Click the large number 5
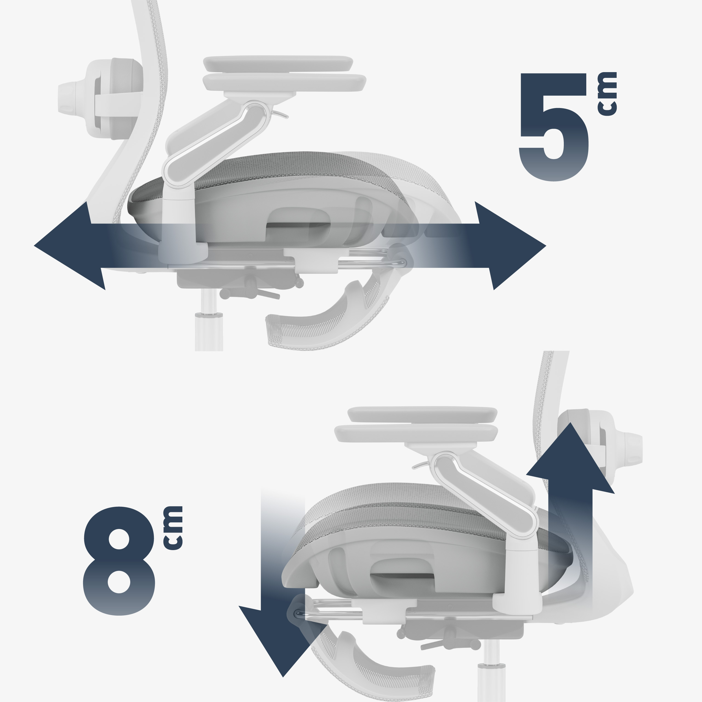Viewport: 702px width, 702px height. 553,127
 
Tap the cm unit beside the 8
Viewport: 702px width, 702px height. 172,528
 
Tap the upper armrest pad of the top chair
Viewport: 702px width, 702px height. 278,64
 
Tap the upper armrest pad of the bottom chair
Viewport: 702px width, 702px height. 422,415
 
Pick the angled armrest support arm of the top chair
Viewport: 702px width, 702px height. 214,145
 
